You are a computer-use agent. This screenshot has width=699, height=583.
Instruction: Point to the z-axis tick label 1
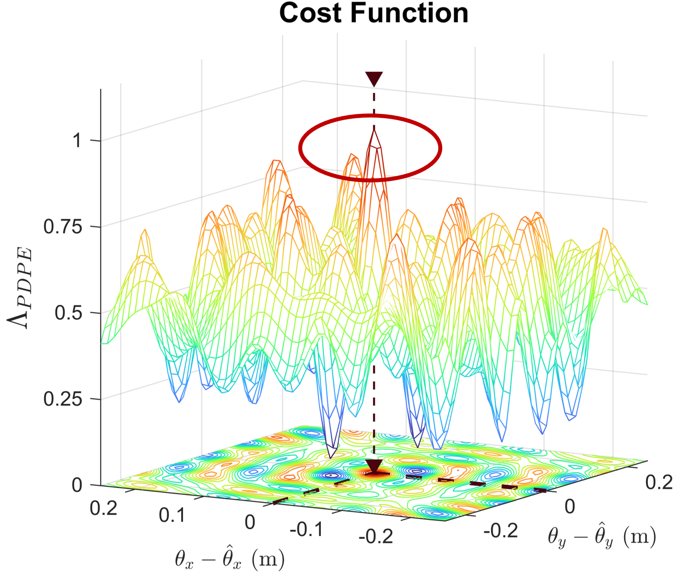point(78,141)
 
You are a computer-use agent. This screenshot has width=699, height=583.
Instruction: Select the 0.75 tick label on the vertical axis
point(63,227)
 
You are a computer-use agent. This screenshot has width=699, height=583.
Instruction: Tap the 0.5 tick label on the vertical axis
point(68,313)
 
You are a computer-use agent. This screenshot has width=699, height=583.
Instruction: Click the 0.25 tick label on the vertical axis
point(63,399)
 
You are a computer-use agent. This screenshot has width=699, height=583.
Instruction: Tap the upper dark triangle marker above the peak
point(374,79)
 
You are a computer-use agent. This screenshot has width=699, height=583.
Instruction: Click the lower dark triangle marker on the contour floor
point(374,466)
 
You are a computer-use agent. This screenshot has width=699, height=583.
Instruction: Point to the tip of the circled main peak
point(374,129)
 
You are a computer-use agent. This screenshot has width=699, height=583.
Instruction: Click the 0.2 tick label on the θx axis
point(103,509)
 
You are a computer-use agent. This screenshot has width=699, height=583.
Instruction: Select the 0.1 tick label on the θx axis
point(172,515)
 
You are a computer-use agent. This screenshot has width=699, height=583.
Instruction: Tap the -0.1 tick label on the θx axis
point(306,529)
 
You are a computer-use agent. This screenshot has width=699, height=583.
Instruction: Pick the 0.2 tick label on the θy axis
point(659,482)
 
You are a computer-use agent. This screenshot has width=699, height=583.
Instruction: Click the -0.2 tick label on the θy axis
point(500,530)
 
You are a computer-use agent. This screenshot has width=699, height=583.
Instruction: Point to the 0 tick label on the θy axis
point(570,507)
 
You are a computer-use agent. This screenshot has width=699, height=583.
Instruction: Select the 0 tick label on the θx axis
point(250,522)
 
